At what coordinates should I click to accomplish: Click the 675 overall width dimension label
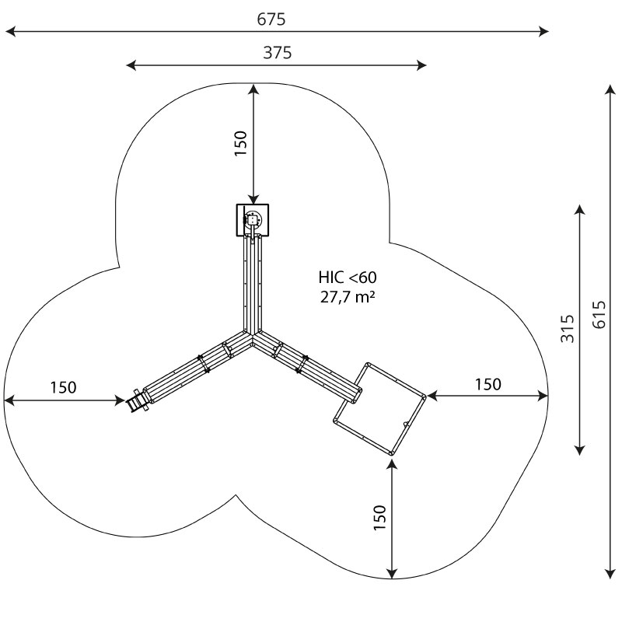pos(271,19)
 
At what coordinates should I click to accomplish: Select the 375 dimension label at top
pos(278,52)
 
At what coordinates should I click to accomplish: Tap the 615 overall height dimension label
pos(599,315)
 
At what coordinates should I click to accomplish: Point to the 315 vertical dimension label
pos(568,328)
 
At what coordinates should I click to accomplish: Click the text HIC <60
pos(348,278)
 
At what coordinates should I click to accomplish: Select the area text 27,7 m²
pos(348,297)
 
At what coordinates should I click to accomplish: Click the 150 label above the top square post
pos(241,143)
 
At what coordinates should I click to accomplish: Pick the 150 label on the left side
pos(64,387)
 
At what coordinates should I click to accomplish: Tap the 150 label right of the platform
pos(488,384)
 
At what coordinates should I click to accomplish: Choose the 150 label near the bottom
pos(379,517)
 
